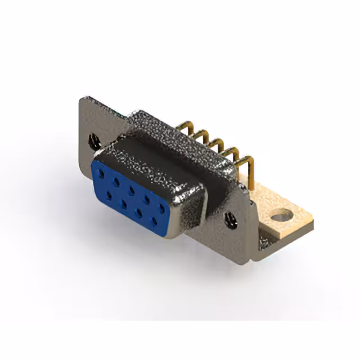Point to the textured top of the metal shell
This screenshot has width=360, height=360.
pos(169,141)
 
